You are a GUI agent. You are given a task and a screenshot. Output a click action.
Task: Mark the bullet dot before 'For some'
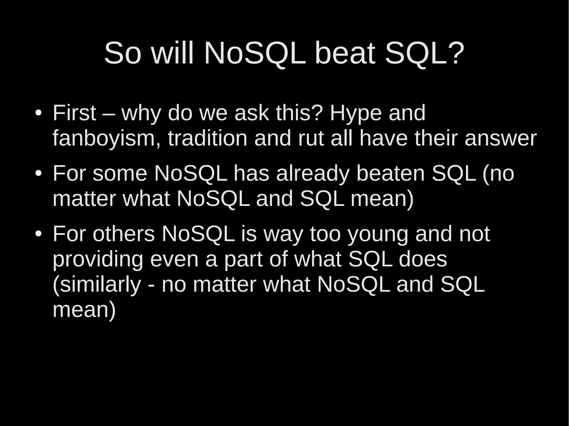[x=38, y=174]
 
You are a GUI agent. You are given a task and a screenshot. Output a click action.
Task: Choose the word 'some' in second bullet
[x=119, y=174]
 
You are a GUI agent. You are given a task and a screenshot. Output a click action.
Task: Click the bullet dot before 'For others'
[x=38, y=234]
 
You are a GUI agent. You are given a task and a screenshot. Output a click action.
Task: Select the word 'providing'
[x=98, y=260]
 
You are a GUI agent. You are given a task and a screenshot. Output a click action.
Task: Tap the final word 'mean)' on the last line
[x=84, y=310]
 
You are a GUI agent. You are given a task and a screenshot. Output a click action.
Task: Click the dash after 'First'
[x=109, y=114]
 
